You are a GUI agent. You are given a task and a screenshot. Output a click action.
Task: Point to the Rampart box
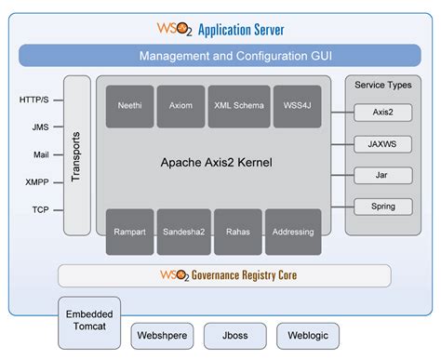[x=129, y=232]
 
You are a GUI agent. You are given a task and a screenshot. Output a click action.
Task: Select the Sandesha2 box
[x=183, y=232]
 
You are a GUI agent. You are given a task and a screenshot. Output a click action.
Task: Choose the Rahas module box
[x=237, y=232]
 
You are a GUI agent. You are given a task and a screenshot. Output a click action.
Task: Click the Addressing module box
[x=293, y=232]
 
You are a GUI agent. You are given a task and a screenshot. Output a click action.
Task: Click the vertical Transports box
[x=77, y=154]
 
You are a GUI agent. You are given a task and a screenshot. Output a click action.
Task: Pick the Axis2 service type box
[x=382, y=113]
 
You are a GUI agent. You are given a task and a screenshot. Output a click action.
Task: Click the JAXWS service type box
[x=382, y=144]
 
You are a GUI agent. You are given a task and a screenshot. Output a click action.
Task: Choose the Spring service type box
[x=382, y=206]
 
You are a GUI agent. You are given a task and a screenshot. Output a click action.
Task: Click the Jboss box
[x=234, y=335]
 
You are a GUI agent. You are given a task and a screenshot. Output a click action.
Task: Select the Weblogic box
[x=307, y=335]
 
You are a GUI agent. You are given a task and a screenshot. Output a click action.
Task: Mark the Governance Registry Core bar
[x=224, y=275]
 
